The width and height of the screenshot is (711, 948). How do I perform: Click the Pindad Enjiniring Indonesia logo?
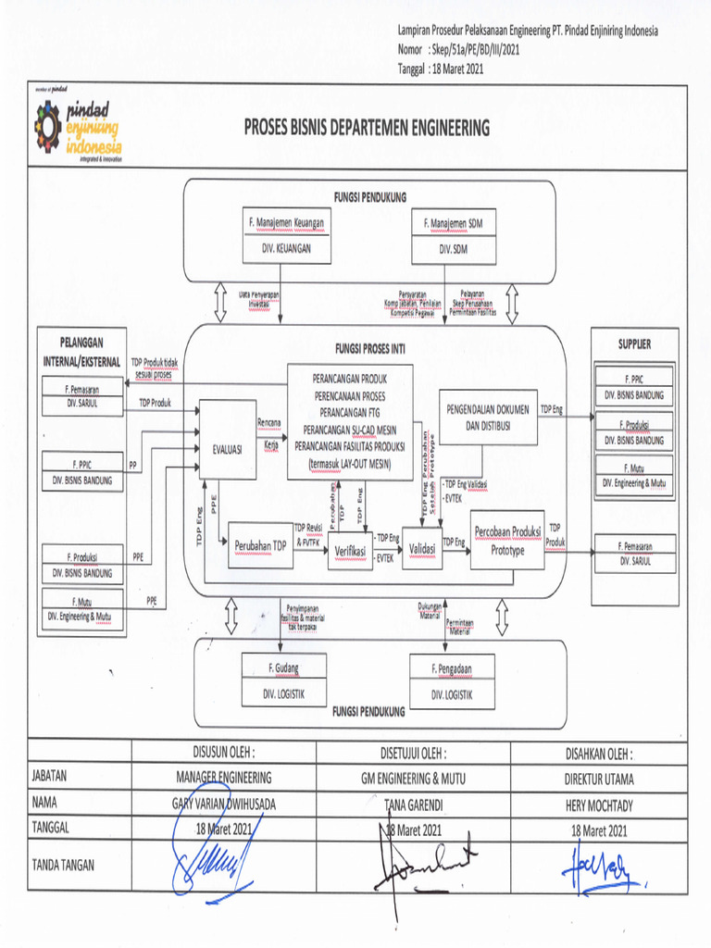78,127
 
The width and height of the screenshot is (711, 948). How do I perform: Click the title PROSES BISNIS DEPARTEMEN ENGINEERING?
367,128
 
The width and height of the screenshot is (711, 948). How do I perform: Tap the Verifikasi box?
350,549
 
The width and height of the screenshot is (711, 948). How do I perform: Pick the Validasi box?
422,549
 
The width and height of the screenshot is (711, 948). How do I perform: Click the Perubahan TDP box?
259,546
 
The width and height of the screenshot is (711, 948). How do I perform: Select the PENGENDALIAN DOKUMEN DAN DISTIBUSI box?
488,418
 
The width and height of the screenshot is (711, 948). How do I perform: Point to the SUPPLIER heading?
634,343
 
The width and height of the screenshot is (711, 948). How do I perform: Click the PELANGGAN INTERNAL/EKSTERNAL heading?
83,347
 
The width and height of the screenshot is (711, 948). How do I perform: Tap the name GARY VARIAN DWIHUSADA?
224,805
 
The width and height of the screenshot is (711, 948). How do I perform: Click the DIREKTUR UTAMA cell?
599,779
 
